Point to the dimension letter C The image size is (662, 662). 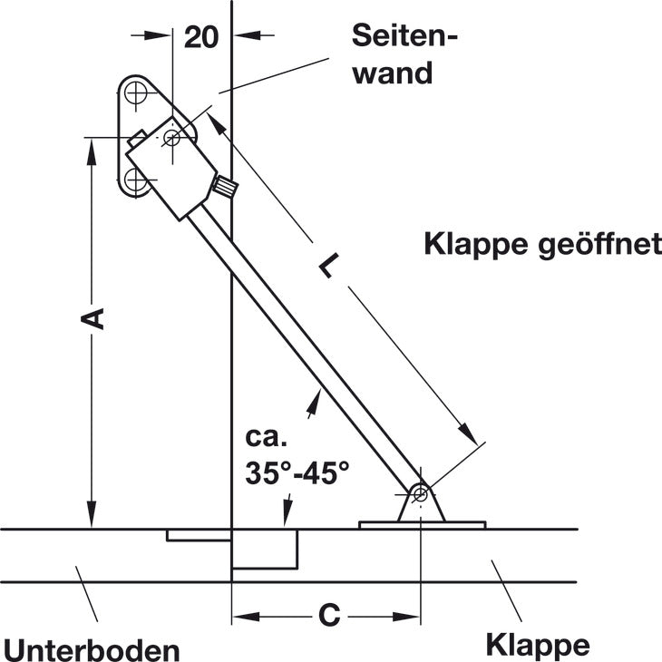click(x=329, y=616)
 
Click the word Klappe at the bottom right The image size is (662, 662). click(x=538, y=645)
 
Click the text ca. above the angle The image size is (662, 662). click(x=266, y=439)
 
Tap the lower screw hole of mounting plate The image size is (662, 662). click(x=136, y=180)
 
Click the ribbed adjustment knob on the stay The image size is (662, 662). click(x=225, y=189)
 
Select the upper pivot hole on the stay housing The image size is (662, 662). click(x=172, y=138)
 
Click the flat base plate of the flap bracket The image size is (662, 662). click(x=422, y=524)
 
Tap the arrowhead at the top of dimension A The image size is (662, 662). click(x=92, y=148)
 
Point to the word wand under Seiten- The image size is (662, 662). click(x=393, y=73)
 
